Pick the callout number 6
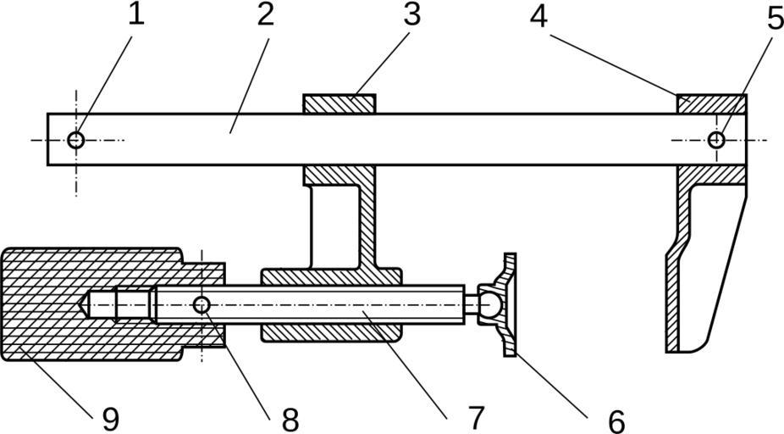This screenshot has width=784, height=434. coord(615,420)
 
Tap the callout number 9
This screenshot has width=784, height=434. coord(109,418)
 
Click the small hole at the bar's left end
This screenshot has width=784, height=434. coord(76,140)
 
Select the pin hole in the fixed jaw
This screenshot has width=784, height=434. coord(716,140)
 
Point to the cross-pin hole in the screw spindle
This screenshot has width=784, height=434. coord(202,304)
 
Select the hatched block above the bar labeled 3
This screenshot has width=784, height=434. coord(339,103)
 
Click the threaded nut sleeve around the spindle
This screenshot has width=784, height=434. coord(330,331)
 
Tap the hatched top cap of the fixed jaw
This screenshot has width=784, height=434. coord(711,103)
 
